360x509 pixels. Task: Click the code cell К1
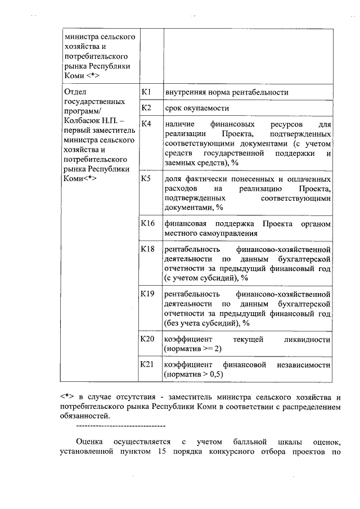(146, 91)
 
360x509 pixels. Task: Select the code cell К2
(146, 107)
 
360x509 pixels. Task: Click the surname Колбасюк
(84, 121)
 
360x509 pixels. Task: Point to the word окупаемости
(206, 107)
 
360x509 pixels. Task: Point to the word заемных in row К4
(180, 163)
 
